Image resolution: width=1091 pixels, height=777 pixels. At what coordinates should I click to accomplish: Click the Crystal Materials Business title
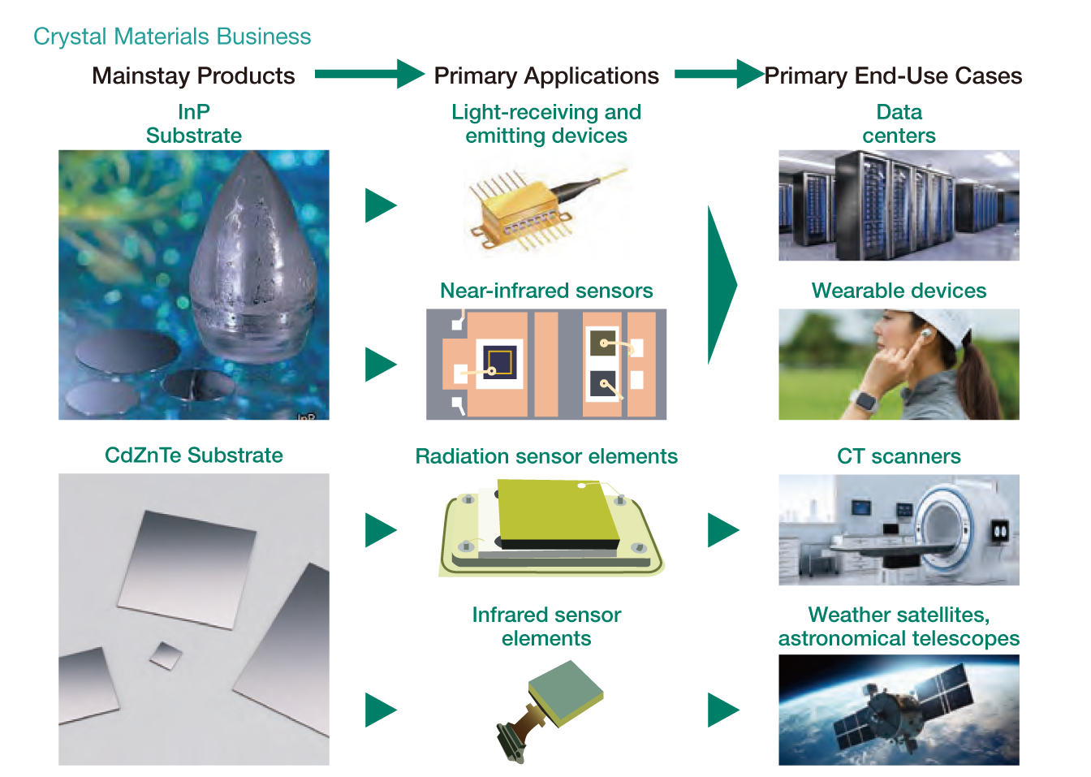(172, 37)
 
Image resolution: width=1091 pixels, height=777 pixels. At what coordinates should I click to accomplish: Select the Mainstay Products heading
(193, 76)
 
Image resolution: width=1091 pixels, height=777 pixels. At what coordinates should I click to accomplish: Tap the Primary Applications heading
(546, 76)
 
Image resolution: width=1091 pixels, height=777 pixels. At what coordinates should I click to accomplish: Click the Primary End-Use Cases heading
(893, 76)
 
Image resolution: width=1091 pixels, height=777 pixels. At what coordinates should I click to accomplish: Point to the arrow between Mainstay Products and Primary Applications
(369, 74)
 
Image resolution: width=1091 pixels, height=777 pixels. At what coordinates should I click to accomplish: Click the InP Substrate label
(194, 123)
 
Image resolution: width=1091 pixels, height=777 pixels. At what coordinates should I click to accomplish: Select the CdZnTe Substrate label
(194, 455)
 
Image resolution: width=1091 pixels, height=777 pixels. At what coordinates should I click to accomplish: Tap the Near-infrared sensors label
(546, 291)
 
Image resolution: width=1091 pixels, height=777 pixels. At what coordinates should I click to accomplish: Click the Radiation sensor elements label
(546, 456)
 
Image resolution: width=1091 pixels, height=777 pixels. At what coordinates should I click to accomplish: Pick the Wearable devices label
(899, 291)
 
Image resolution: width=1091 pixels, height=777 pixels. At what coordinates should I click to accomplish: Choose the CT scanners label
(899, 456)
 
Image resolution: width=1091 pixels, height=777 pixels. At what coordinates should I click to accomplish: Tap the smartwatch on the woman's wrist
(866, 401)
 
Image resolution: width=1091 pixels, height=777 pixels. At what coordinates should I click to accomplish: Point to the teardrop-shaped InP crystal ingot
(253, 258)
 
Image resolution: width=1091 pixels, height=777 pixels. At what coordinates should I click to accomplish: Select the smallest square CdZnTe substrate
(166, 655)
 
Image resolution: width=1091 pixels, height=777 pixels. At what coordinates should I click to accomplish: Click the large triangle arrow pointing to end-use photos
(722, 285)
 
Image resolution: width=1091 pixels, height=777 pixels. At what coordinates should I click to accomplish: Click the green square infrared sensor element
(566, 693)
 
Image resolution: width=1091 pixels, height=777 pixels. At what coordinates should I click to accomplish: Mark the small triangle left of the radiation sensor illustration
(381, 530)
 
